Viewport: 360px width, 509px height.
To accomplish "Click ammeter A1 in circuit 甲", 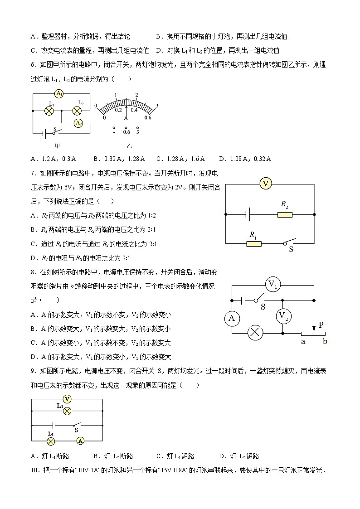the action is (x=58, y=94).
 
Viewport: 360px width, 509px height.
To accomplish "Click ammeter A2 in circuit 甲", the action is (x=78, y=123).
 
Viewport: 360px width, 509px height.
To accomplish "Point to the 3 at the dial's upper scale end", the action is (x=156, y=106).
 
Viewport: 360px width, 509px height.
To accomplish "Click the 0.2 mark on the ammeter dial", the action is (x=118, y=110).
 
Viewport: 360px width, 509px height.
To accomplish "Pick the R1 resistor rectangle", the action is (x=254, y=243).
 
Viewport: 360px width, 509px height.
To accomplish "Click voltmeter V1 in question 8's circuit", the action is (x=273, y=285).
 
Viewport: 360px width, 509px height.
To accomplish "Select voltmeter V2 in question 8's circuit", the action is (x=284, y=316).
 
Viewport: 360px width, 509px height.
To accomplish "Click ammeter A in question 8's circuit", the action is (x=232, y=319).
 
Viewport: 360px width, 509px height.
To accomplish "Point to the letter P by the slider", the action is (x=321, y=325).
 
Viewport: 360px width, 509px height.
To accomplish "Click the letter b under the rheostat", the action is (x=325, y=341).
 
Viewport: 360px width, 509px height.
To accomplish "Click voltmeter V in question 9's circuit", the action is (x=67, y=399).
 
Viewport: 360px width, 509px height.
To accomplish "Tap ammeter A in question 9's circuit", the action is (x=80, y=440).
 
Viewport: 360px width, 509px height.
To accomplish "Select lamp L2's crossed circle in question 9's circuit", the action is (x=52, y=440).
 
